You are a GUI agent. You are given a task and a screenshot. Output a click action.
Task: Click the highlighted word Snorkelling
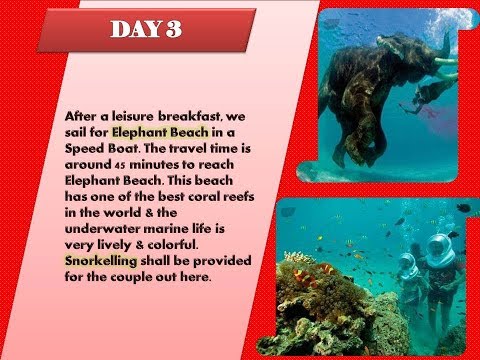coord(106,260)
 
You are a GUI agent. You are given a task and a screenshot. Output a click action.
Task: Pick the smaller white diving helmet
coord(406,266)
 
